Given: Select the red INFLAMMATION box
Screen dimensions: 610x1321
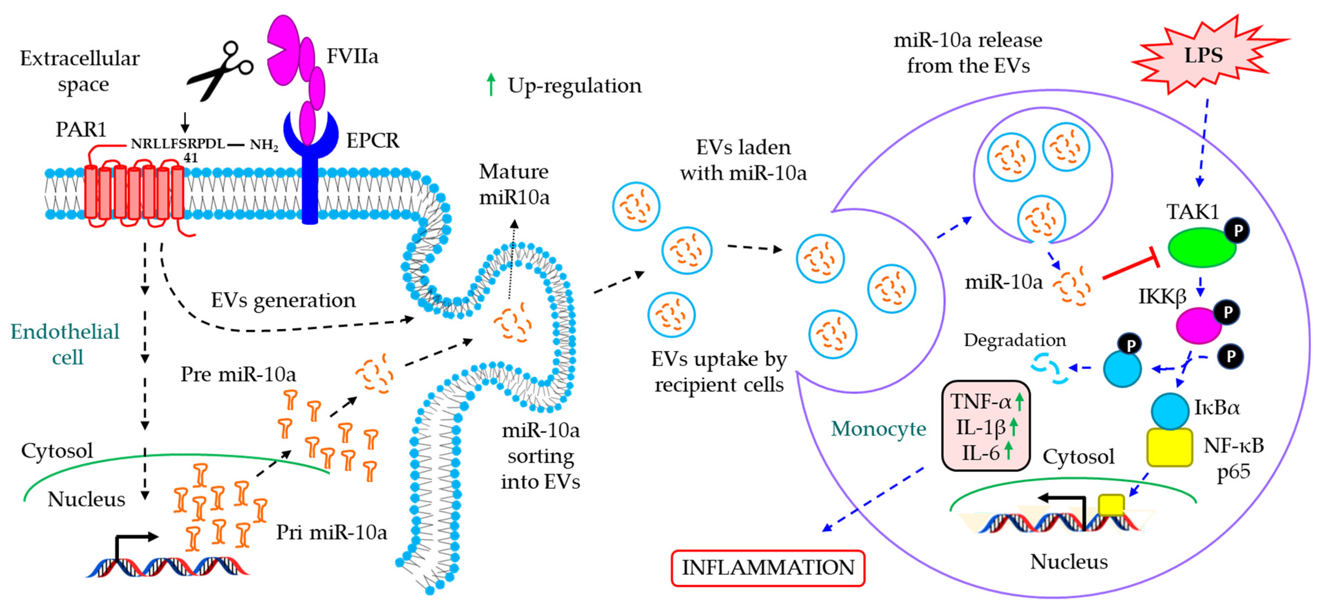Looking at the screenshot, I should [x=768, y=567].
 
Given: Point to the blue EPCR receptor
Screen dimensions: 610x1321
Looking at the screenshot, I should [x=310, y=169].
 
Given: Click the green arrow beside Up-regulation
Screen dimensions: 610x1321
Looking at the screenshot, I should [x=491, y=85].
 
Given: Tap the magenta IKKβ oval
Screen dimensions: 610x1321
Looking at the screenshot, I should [x=1198, y=325].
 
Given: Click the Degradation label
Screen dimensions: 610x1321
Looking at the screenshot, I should [x=1014, y=340].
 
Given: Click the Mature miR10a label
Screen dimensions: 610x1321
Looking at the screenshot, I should [x=514, y=184].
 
